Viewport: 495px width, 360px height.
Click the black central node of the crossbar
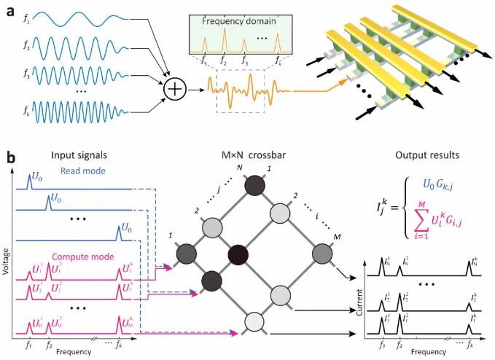(238, 255)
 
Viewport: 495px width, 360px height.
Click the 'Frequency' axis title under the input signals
(74, 351)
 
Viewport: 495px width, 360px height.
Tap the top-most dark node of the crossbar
(254, 186)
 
